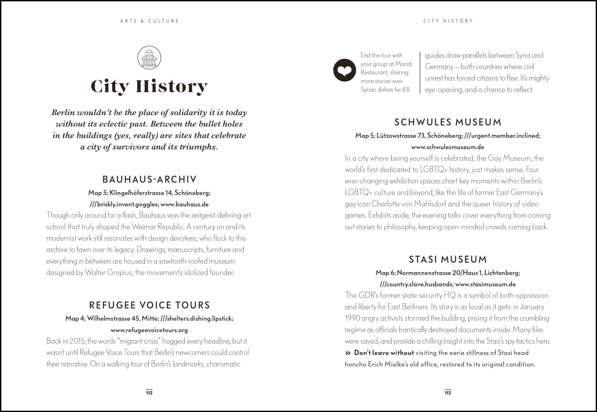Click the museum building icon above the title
point(149,58)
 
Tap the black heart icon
point(344,70)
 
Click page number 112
point(149,393)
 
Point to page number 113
point(448,393)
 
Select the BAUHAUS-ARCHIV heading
point(149,179)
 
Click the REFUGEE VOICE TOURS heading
point(149,305)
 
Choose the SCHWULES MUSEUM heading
point(448,122)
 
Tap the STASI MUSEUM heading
point(448,259)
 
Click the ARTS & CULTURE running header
point(149,21)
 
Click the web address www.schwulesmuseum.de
point(448,147)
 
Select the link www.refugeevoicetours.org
point(149,330)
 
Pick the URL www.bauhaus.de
point(184,204)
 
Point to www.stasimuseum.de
point(485,284)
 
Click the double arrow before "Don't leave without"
point(348,353)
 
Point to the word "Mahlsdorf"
point(430,204)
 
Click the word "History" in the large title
point(171,86)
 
